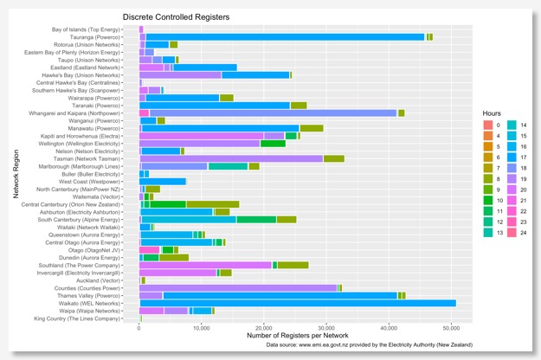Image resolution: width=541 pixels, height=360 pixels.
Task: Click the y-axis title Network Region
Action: pyautogui.click(x=16, y=174)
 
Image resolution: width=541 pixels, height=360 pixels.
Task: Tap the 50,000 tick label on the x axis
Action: pyautogui.click(x=450, y=327)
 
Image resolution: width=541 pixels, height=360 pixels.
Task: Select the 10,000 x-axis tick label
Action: pyautogui.click(x=201, y=327)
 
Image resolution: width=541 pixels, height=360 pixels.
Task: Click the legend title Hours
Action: pyautogui.click(x=496, y=113)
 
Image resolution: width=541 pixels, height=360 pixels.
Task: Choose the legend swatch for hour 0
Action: pyautogui.click(x=489, y=125)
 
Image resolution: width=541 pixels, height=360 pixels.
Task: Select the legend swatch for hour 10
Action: pyautogui.click(x=489, y=201)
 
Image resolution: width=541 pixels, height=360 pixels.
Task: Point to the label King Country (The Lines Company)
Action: pyautogui.click(x=76, y=318)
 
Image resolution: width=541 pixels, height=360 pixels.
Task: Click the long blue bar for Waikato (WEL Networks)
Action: pyautogui.click(x=294, y=302)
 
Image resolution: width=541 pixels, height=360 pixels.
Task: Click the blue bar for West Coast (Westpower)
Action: pyautogui.click(x=164, y=181)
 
